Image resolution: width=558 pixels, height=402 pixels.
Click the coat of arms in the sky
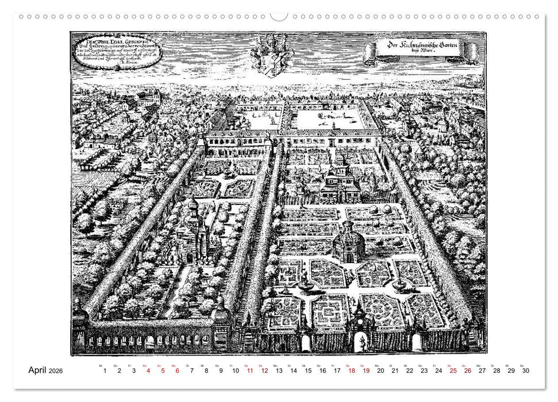tap(272, 54)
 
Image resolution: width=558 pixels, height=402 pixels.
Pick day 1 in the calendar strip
tap(105, 371)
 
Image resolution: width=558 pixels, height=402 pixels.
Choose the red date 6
tap(178, 371)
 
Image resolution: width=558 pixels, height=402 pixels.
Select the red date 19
tap(366, 371)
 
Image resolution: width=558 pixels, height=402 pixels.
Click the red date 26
tap(468, 371)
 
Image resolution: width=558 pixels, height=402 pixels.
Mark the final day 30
tap(525, 371)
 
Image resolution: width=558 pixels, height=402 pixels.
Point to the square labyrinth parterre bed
tap(330, 310)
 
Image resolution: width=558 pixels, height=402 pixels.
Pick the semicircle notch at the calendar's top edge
tap(279, 17)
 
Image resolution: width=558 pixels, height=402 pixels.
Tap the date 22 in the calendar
tap(410, 371)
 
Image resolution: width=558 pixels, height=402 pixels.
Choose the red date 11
tap(250, 371)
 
